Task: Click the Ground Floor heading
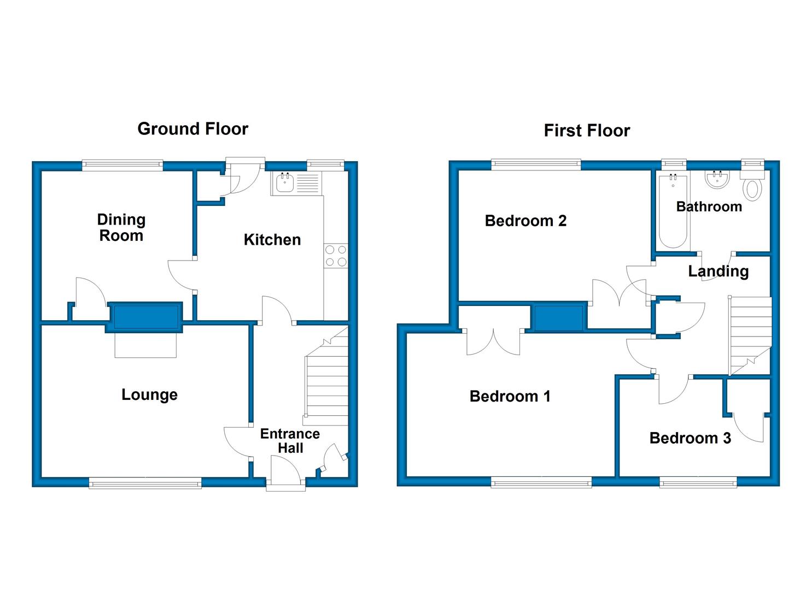[x=192, y=129]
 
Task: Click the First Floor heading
[x=587, y=131]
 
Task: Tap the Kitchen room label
[x=272, y=240]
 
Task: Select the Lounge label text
[x=149, y=395]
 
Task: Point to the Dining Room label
[x=121, y=227]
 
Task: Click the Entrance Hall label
[x=290, y=441]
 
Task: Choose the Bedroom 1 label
[x=510, y=397]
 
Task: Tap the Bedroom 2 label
[x=525, y=221]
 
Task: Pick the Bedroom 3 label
[x=690, y=438]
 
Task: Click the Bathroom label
[x=709, y=207]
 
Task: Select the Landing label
[x=718, y=272]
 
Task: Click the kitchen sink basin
[x=285, y=183]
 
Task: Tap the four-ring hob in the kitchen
[x=336, y=256]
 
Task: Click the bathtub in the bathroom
[x=673, y=211]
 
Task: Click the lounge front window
[x=145, y=483]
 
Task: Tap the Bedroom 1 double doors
[x=493, y=342]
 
